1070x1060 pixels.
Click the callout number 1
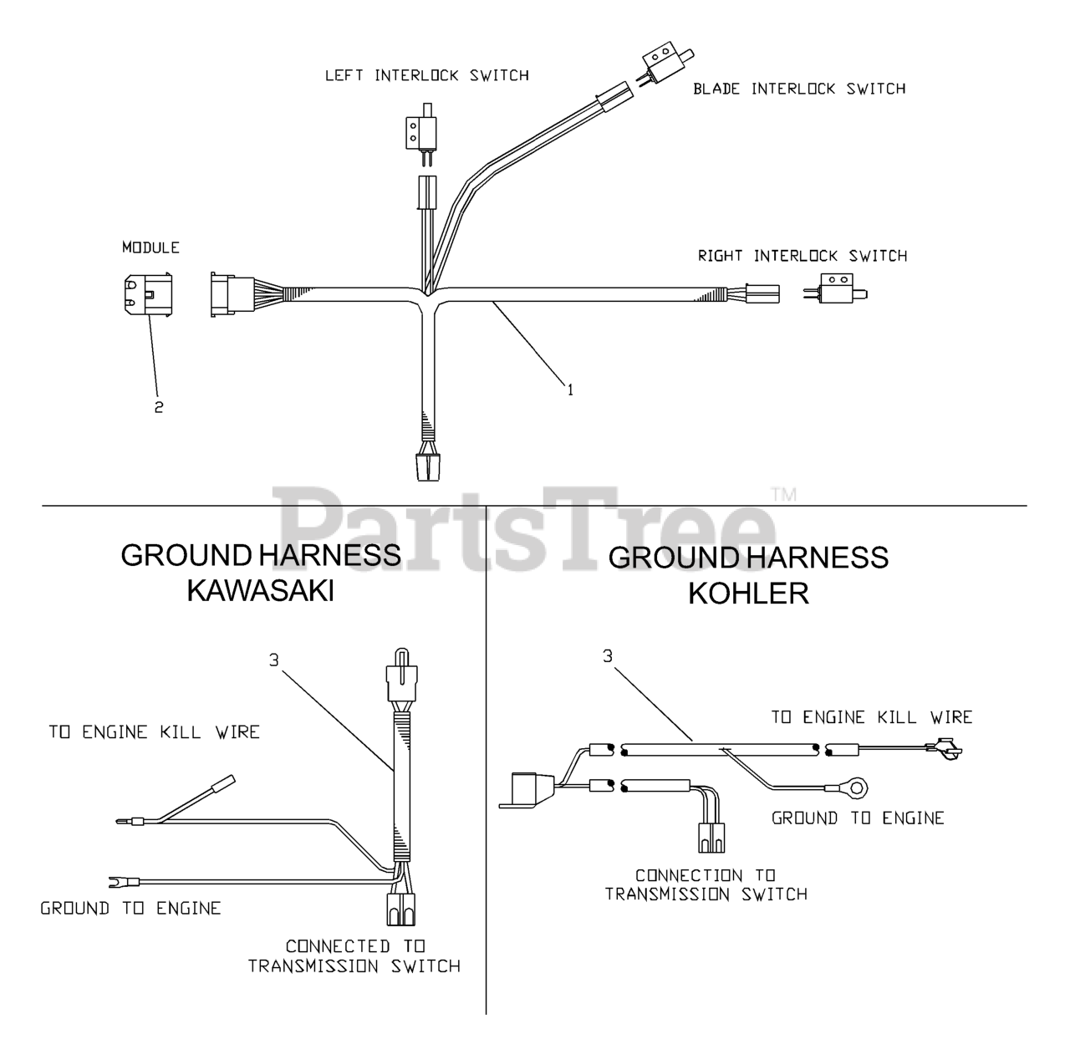(x=570, y=390)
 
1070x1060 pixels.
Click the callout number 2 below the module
(x=159, y=407)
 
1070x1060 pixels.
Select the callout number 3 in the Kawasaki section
(x=273, y=660)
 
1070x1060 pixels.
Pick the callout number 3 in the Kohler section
(x=608, y=656)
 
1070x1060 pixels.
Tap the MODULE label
(x=151, y=247)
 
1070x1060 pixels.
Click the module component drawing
(x=148, y=294)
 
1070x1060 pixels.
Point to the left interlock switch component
(x=421, y=134)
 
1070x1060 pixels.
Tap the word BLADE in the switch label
(x=716, y=89)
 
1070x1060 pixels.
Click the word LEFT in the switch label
(x=344, y=75)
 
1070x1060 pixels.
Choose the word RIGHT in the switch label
(x=721, y=256)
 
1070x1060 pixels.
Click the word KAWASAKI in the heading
(x=261, y=590)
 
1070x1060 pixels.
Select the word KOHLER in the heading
(x=748, y=594)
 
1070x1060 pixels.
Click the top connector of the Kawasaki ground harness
(x=401, y=675)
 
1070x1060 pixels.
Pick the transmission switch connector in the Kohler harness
(x=711, y=838)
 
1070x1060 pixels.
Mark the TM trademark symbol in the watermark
(x=784, y=494)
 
